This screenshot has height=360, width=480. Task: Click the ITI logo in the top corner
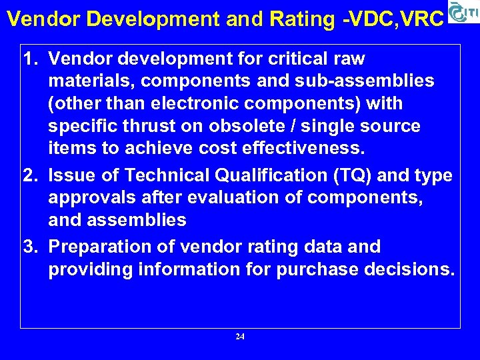463,13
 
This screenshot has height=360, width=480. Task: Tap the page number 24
240,337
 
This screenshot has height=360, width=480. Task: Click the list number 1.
29,59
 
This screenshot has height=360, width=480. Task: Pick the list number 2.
29,175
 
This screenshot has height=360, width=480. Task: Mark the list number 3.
29,247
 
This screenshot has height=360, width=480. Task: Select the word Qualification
251,175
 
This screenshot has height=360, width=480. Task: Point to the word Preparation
102,247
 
